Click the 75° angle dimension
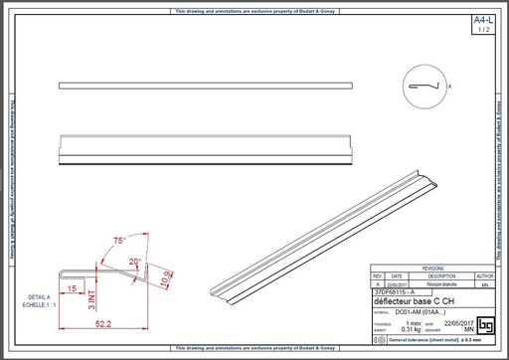click(x=119, y=241)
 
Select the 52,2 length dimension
click(x=101, y=323)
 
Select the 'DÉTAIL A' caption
click(x=39, y=296)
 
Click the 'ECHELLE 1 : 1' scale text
click(x=39, y=303)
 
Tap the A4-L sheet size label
click(x=483, y=20)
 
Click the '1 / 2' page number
click(x=483, y=31)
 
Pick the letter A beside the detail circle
click(x=449, y=89)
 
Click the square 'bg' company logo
click(x=485, y=326)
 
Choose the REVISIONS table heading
click(x=433, y=269)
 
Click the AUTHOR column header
click(x=484, y=275)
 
